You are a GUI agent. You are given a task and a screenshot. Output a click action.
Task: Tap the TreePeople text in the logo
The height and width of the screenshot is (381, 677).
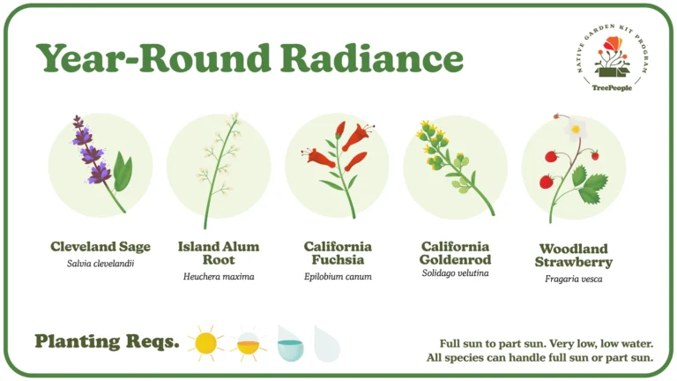tap(612, 87)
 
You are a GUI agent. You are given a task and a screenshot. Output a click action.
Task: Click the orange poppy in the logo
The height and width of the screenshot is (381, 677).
tap(614, 43)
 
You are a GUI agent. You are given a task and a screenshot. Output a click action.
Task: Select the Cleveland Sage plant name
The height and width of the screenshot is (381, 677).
tap(100, 247)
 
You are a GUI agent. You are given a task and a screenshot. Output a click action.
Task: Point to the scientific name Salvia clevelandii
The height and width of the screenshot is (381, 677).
tap(100, 264)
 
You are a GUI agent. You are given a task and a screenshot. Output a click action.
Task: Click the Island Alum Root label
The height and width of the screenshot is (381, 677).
tap(219, 253)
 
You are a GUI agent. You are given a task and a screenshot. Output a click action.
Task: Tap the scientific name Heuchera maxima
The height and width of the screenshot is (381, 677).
tap(219, 276)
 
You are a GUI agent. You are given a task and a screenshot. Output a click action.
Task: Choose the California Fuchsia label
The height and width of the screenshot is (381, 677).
tap(338, 253)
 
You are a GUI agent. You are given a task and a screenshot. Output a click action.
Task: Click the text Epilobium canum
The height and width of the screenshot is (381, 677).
tap(338, 276)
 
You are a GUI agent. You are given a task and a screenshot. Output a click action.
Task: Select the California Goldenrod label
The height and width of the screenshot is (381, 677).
tap(455, 253)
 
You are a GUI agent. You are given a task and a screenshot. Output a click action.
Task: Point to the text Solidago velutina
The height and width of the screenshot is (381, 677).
tap(455, 273)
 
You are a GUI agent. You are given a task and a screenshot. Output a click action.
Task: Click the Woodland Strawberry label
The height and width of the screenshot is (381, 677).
tap(573, 255)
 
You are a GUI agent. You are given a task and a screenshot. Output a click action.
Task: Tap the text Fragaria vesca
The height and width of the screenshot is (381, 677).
tap(573, 279)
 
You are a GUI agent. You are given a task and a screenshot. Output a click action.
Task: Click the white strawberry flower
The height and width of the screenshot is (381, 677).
tap(576, 129)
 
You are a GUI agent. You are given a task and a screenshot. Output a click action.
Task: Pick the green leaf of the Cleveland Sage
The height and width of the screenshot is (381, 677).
tap(123, 173)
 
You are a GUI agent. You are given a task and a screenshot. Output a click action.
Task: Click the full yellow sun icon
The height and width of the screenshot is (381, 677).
tap(205, 343)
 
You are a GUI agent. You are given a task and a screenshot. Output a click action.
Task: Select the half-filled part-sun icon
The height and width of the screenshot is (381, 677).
tap(249, 344)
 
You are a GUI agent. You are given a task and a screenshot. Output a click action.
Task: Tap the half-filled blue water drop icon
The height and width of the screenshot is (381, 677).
tap(290, 344)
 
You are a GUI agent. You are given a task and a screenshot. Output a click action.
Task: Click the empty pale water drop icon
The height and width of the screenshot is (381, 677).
tap(327, 344)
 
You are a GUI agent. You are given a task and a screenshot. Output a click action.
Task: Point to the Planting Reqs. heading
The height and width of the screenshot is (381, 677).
tap(107, 341)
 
